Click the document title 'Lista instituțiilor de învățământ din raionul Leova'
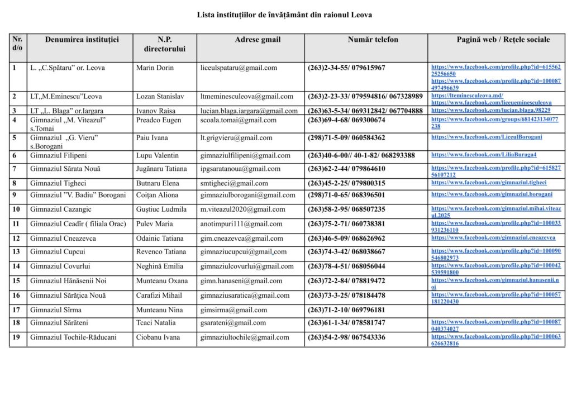pyautogui.click(x=284, y=15)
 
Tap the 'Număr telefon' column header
pyautogui.click(x=373, y=40)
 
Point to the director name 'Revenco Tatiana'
pyautogui.click(x=161, y=252)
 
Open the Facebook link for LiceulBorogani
pyautogui.click(x=486, y=137)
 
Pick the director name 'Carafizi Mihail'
pyautogui.click(x=159, y=296)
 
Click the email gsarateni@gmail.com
pyautogui.click(x=233, y=323)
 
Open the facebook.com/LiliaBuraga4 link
pyautogui.click(x=483, y=155)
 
